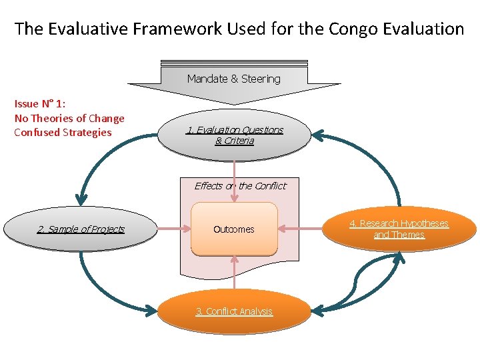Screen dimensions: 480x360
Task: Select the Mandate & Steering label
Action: (x=234, y=79)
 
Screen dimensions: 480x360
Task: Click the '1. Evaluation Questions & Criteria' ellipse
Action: (x=234, y=135)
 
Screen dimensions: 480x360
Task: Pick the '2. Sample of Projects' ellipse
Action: (x=81, y=229)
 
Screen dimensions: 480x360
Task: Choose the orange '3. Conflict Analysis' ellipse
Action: (x=234, y=311)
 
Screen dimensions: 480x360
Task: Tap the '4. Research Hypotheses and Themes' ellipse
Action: (x=400, y=229)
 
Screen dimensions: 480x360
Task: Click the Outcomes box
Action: (x=234, y=229)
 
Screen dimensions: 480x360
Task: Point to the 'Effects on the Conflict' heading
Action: (x=240, y=186)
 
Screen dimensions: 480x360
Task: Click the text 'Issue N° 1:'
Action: (x=40, y=104)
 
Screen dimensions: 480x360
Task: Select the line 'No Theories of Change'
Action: (x=69, y=118)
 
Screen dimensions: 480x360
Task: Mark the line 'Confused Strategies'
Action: (x=63, y=132)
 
